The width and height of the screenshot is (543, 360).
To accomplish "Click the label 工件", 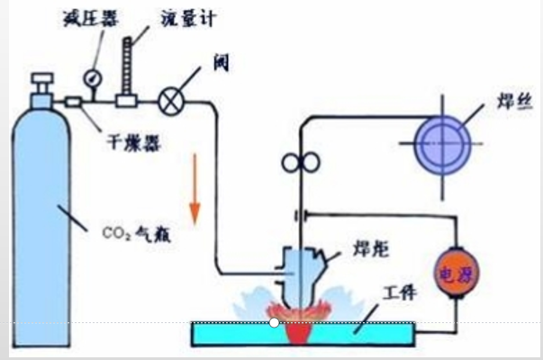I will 401,292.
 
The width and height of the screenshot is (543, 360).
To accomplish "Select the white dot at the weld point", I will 274,321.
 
